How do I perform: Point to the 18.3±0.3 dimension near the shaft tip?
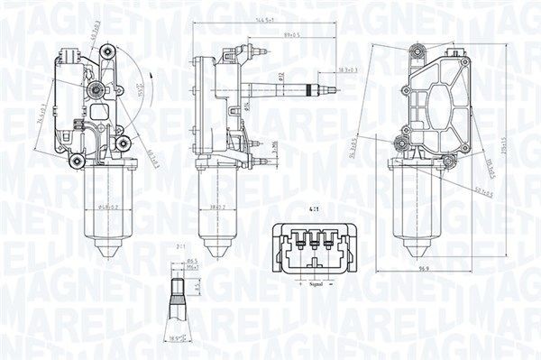(x=323, y=69)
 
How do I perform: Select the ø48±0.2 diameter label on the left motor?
(x=108, y=208)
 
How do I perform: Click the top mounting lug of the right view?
(x=416, y=51)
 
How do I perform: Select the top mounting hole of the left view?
(x=107, y=52)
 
